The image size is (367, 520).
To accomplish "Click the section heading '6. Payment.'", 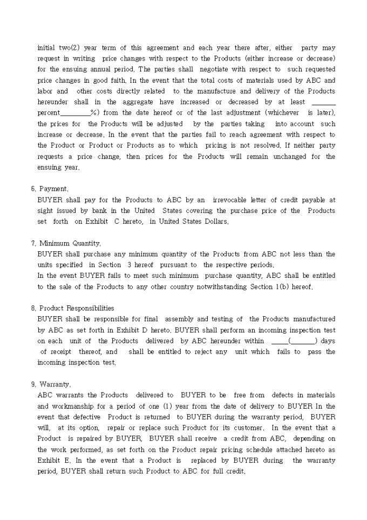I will [50, 189].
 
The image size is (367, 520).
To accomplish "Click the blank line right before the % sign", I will [76, 113].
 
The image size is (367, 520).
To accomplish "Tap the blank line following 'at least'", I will [323, 102].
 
